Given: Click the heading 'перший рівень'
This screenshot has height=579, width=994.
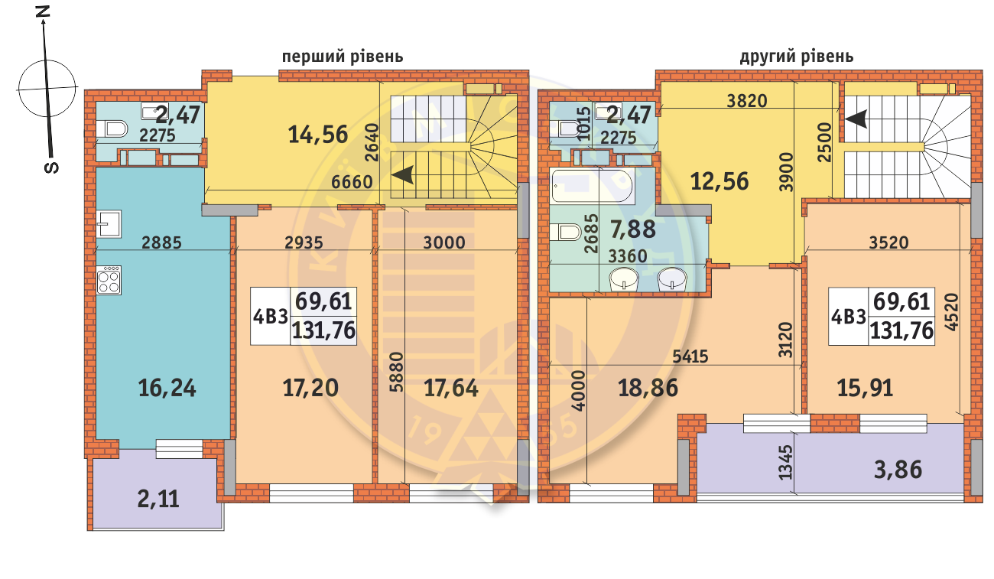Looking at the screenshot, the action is coord(343,57).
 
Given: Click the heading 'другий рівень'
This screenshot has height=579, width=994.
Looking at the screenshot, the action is coord(797,57).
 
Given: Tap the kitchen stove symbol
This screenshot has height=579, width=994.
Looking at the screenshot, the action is coord(109,280).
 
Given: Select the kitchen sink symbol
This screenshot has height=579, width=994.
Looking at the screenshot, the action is coord(109,224).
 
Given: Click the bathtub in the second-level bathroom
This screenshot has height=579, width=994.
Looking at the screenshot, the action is coord(592,187).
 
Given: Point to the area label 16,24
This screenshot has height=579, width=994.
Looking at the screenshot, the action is coord(167,389).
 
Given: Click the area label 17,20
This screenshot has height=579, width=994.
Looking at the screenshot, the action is coord(310,388).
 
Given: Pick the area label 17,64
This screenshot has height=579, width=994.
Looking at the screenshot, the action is coord(451,388).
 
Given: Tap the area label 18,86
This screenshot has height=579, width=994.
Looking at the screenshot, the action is coord(648,388).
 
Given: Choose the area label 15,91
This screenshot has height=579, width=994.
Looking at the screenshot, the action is coord(865,388).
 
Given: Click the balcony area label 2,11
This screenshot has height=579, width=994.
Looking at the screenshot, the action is coord(158,499).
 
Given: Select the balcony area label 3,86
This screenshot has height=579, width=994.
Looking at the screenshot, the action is coord(898,470).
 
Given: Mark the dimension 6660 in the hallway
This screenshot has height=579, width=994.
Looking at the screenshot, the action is coord(352,182).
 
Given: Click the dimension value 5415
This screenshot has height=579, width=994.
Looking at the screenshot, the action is coord(690,356).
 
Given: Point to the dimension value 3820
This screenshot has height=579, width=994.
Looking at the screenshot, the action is coord(747,101).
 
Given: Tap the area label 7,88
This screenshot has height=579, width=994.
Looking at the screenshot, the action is coord(633,229).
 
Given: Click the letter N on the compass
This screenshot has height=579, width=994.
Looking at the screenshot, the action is coord(43,11).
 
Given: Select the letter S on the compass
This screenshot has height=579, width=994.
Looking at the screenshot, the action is coord(52,168).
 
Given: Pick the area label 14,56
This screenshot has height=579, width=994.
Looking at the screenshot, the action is coord(318,135).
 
